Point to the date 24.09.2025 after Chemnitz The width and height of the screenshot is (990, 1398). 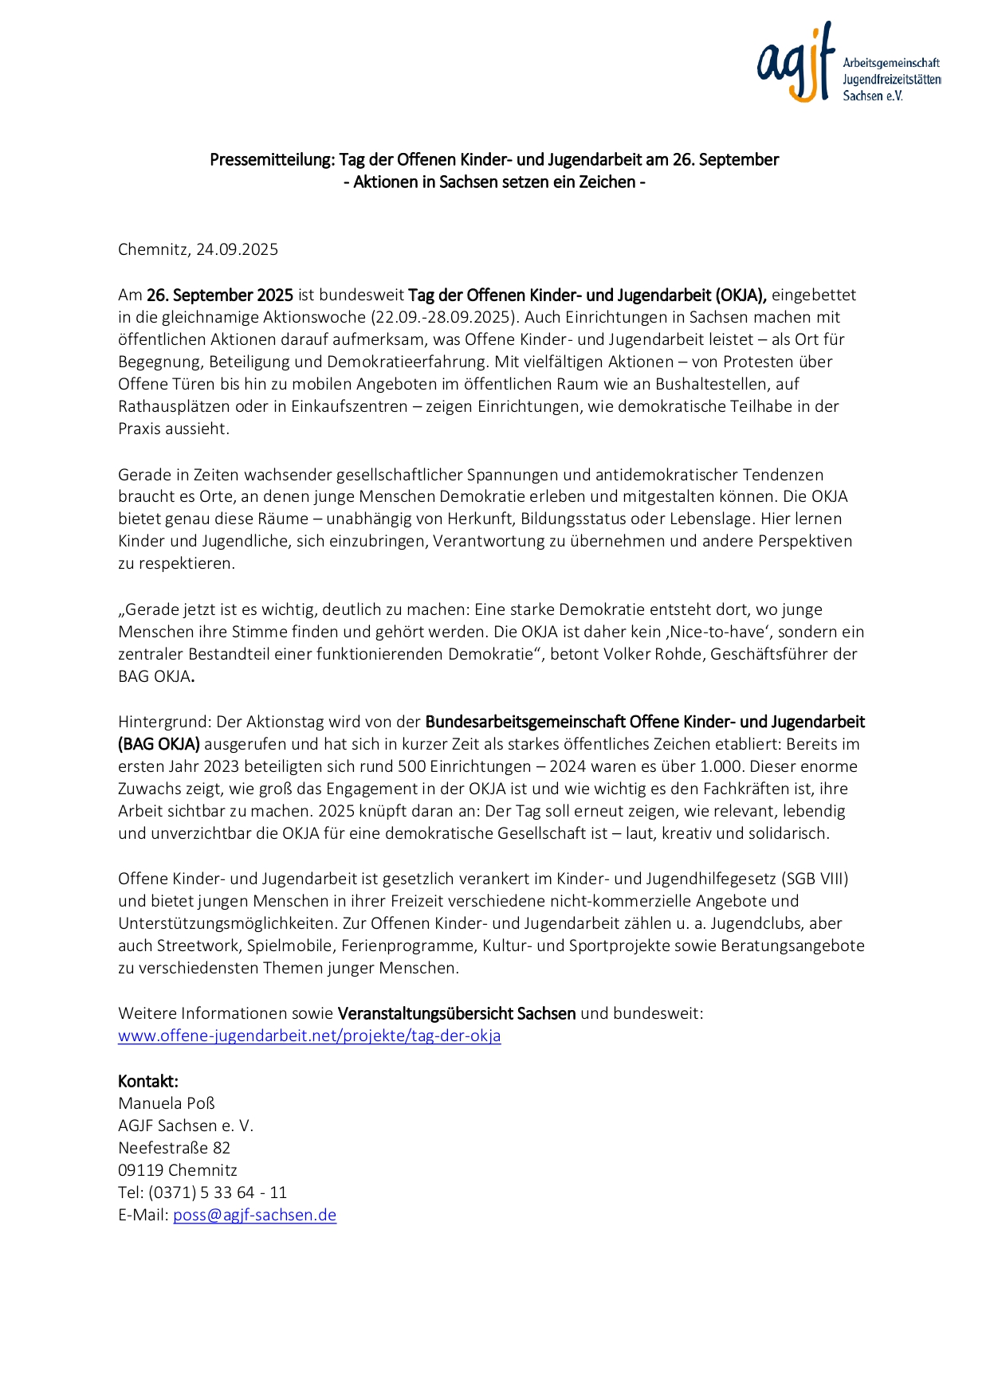pos(238,249)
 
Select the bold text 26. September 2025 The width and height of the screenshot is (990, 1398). pos(220,295)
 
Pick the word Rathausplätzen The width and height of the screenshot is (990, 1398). pos(172,406)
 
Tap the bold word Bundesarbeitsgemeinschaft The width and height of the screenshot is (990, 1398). pos(524,722)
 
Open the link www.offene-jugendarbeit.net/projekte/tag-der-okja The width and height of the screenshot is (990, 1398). pos(309,1036)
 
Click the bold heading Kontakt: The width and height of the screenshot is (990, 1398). pos(148,1081)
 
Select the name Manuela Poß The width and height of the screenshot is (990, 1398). pos(167,1103)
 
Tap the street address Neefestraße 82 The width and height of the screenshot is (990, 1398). pos(174,1148)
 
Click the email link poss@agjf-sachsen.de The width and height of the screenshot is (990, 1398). pos(254,1215)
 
